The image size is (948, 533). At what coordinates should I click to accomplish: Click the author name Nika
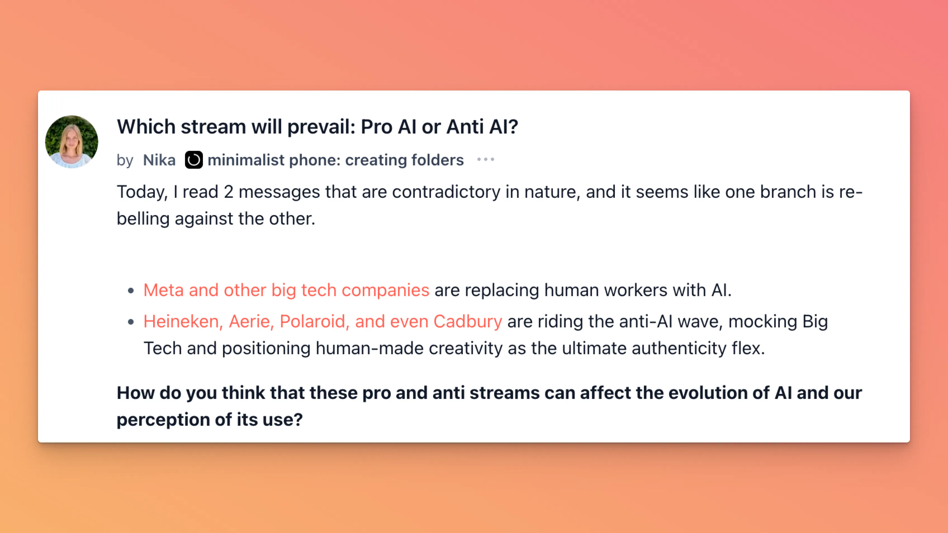[159, 160]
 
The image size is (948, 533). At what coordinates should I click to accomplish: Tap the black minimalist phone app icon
[194, 160]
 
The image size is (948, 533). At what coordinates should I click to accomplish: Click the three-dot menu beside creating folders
[485, 160]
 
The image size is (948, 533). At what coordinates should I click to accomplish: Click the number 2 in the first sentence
[229, 192]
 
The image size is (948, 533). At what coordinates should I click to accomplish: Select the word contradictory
[446, 192]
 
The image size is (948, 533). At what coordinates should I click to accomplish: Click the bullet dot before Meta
[131, 291]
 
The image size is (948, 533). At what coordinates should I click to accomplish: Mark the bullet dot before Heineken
[131, 322]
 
